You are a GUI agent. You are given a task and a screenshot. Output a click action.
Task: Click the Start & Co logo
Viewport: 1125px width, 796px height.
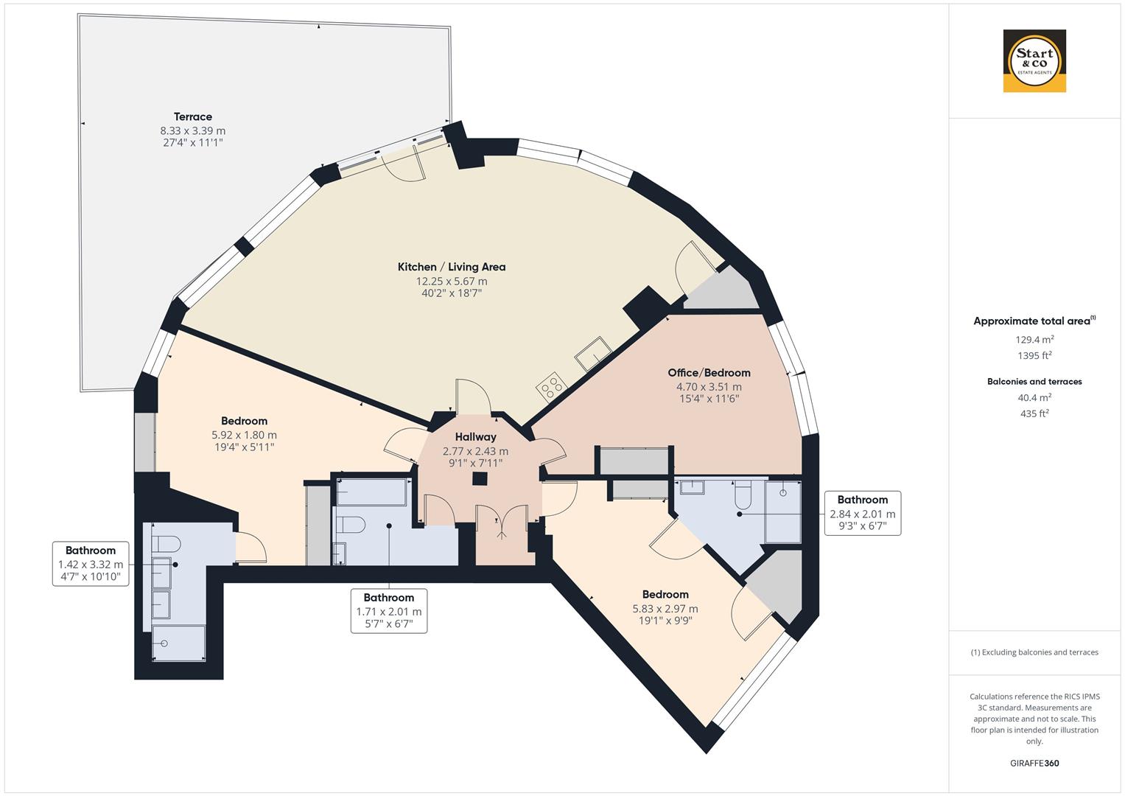1034,61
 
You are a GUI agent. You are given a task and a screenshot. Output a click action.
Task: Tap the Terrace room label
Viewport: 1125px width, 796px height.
193,116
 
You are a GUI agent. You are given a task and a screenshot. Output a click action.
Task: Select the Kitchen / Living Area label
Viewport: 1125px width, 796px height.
452,267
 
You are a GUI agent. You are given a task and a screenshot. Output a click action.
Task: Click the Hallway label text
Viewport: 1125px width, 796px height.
475,437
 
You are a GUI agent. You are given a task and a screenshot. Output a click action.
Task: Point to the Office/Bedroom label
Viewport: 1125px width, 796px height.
709,373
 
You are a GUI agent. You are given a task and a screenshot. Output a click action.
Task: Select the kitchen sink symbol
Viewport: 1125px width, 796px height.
593,354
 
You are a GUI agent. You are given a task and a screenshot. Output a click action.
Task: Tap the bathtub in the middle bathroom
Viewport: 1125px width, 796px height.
371,492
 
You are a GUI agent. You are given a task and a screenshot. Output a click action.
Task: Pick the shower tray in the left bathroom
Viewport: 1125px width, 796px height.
178,643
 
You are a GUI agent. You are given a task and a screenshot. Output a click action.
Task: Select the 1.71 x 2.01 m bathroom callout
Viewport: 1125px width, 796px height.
389,611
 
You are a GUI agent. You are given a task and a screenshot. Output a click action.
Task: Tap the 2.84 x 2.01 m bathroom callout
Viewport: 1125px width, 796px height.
862,513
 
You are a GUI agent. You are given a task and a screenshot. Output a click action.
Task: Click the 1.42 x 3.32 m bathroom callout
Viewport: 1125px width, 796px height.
91,564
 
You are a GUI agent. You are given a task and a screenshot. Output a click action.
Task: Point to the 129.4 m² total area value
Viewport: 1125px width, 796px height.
1034,340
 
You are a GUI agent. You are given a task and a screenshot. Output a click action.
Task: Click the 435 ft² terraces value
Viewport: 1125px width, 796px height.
1034,413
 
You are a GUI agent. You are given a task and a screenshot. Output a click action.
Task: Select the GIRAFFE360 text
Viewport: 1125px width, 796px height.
1034,763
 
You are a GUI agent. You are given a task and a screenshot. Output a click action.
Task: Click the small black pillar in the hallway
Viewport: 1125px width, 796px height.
480,479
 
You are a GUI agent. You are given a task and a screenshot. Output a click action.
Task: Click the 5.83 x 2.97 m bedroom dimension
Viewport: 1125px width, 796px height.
665,609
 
